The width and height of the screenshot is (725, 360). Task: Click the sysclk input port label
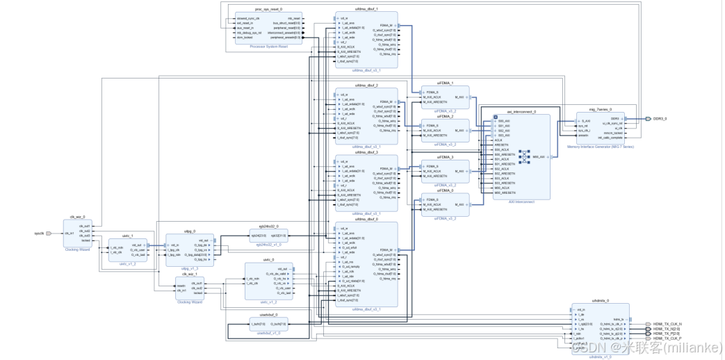39,234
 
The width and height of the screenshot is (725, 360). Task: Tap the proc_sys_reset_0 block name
268,9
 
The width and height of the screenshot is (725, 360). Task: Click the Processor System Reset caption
268,47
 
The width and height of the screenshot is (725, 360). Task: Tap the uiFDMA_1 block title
445,83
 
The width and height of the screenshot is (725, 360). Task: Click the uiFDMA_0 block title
445,190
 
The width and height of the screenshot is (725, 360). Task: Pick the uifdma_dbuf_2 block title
366,85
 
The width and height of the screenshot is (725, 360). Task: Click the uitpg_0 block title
190,231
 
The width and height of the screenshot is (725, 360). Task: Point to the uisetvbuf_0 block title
268,314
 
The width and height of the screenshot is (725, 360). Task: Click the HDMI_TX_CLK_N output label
668,324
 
